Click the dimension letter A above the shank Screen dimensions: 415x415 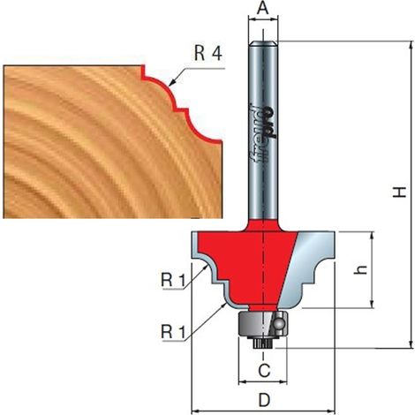pyautogui.click(x=263, y=9)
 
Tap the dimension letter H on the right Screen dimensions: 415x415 pyautogui.click(x=400, y=192)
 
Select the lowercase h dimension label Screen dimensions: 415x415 pyautogui.click(x=361, y=270)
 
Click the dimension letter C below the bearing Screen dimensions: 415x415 pyautogui.click(x=264, y=371)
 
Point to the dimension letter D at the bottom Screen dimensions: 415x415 pyautogui.click(x=264, y=400)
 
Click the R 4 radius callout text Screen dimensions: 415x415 pyautogui.click(x=208, y=53)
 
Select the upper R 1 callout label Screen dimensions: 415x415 pyautogui.click(x=173, y=280)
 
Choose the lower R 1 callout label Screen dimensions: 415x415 pyautogui.click(x=173, y=332)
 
